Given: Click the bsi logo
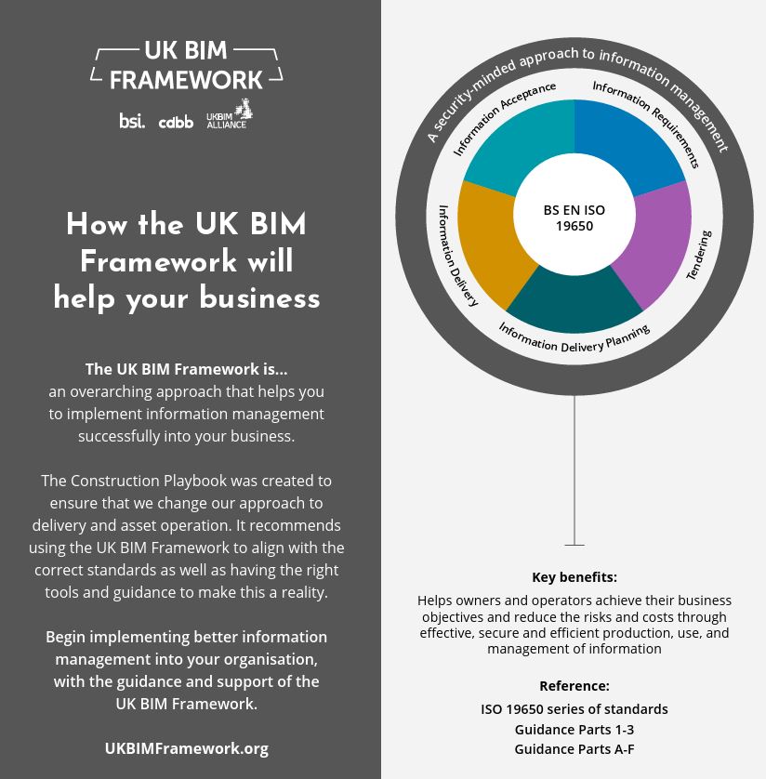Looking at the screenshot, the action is pos(132,120).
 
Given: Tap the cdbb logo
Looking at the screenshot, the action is pos(176,122).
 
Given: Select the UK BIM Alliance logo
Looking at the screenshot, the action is pos(230,114).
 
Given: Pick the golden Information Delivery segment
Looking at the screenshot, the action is pos(491,244).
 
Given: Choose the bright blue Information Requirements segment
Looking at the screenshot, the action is pos(627,140).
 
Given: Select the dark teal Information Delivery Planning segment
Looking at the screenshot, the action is pos(574,303).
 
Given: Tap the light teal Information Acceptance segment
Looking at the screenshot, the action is pos(522,140).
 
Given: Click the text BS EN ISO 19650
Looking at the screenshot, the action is pos(574,218).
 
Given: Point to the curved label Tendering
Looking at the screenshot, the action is pos(699,255).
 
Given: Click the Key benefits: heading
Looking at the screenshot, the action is pos(574,576).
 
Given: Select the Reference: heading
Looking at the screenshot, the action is pos(574,686).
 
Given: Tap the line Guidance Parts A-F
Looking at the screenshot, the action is pos(574,748).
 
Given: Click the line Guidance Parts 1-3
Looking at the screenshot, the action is pos(574,730).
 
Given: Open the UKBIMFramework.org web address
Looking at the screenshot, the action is pos(186,748).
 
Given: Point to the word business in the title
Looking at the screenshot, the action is pos(259,297).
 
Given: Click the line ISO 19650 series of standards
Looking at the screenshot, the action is pos(574,709).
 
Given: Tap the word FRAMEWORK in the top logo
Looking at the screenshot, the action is pos(186,80).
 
